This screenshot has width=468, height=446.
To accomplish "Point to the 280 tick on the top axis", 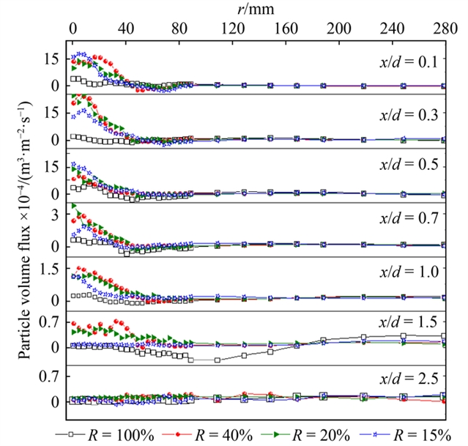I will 442,27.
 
